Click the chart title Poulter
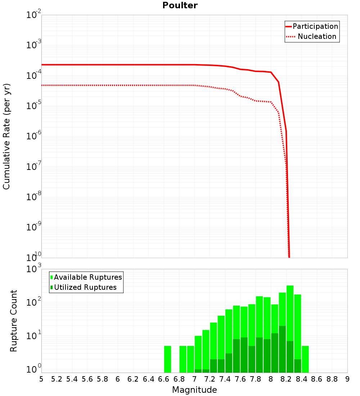point(180,5)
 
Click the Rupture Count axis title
point(14,321)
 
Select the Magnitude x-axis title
point(194,390)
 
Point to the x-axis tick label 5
point(41,379)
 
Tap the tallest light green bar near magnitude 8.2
point(290,306)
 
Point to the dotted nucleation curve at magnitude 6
point(118,85)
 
